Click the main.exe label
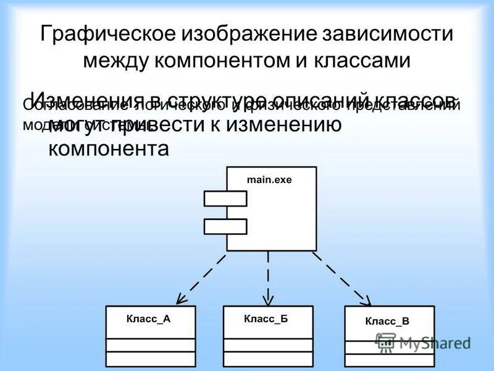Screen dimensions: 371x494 coord(269,180)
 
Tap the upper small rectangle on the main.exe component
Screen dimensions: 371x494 coord(225,198)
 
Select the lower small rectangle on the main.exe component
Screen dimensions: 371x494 coord(225,226)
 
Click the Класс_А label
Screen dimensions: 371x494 coord(148,319)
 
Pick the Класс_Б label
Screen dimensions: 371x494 coord(266,319)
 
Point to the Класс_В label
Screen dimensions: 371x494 coord(387,321)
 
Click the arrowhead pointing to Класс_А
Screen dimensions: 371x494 coord(180,299)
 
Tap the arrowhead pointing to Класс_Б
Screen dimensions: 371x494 coord(267,300)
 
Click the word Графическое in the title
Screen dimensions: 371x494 coord(106,34)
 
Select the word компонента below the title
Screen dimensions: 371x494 coord(108,149)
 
